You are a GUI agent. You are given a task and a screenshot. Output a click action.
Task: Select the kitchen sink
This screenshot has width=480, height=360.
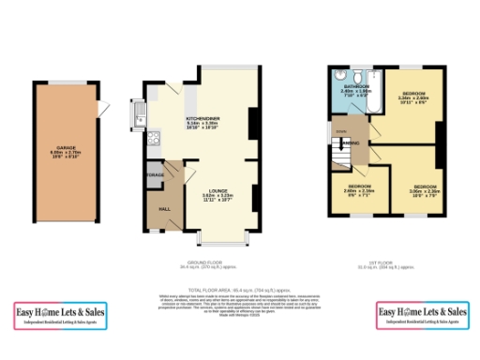(140, 117)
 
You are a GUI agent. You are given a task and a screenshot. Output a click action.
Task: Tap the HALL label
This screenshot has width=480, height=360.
(162, 209)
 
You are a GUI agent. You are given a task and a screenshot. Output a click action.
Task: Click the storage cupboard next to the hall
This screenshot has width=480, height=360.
(156, 174)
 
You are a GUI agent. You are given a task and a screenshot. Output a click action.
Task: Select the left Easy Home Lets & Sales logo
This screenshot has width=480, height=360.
(57, 315)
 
